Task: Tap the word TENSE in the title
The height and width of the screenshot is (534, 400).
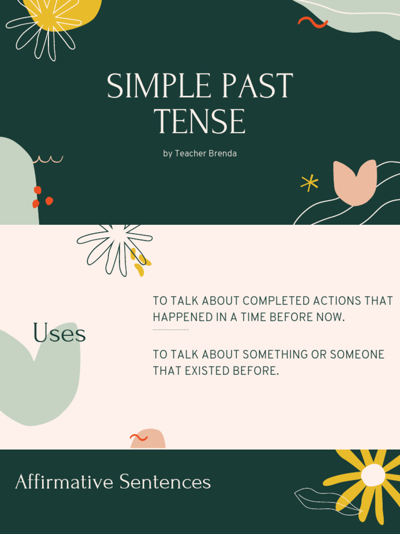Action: click(x=200, y=122)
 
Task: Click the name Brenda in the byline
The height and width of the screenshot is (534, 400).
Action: click(x=223, y=154)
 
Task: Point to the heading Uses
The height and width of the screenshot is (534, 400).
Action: click(x=59, y=333)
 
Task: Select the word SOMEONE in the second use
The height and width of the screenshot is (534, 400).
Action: click(x=359, y=355)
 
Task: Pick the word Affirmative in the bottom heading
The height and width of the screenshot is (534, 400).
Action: click(x=64, y=481)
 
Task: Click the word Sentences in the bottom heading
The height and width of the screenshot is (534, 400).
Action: click(x=165, y=481)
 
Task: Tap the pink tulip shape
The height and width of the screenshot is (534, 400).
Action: click(x=355, y=182)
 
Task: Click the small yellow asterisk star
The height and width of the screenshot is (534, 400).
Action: click(x=309, y=183)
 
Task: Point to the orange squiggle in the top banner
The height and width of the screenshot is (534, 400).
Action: click(x=312, y=22)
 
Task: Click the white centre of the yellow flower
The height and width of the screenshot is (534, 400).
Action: click(x=373, y=475)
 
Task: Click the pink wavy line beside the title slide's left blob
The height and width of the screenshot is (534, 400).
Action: click(x=48, y=159)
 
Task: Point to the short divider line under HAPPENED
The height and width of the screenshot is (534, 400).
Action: click(x=170, y=330)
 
